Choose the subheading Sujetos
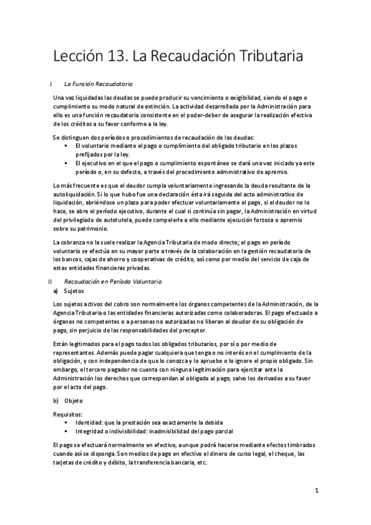click(x=74, y=290)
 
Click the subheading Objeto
click(x=73, y=401)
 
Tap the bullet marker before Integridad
click(x=66, y=431)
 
